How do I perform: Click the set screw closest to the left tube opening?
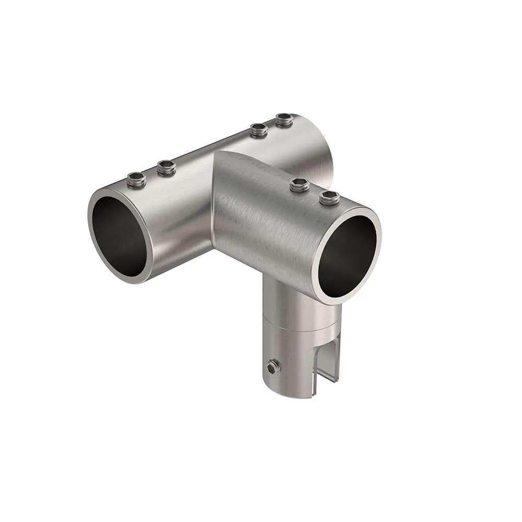click(x=136, y=180)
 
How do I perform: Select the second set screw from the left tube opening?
click(x=167, y=168)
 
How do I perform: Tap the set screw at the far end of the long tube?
click(x=284, y=120)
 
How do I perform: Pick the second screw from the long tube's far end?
click(x=258, y=129)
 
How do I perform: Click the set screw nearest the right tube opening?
click(x=329, y=197)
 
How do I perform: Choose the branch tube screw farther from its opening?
click(x=300, y=184)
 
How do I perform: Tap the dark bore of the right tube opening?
click(x=347, y=256)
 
